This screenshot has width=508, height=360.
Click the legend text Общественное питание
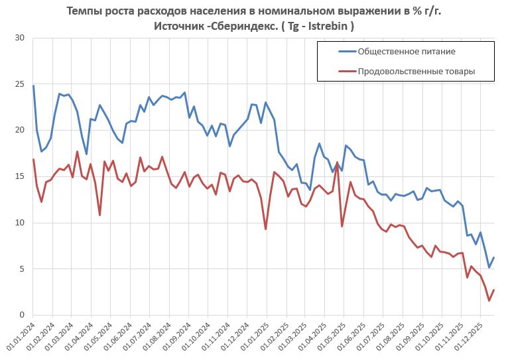click(x=406, y=51)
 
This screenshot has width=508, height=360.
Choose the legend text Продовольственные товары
click(x=416, y=71)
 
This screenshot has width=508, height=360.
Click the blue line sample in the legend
click(x=337, y=51)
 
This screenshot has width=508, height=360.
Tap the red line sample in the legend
click(x=337, y=71)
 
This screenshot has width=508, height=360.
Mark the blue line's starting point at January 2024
click(x=33, y=86)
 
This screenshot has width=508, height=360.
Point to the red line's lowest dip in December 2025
click(x=489, y=301)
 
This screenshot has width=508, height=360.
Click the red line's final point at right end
click(x=494, y=290)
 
